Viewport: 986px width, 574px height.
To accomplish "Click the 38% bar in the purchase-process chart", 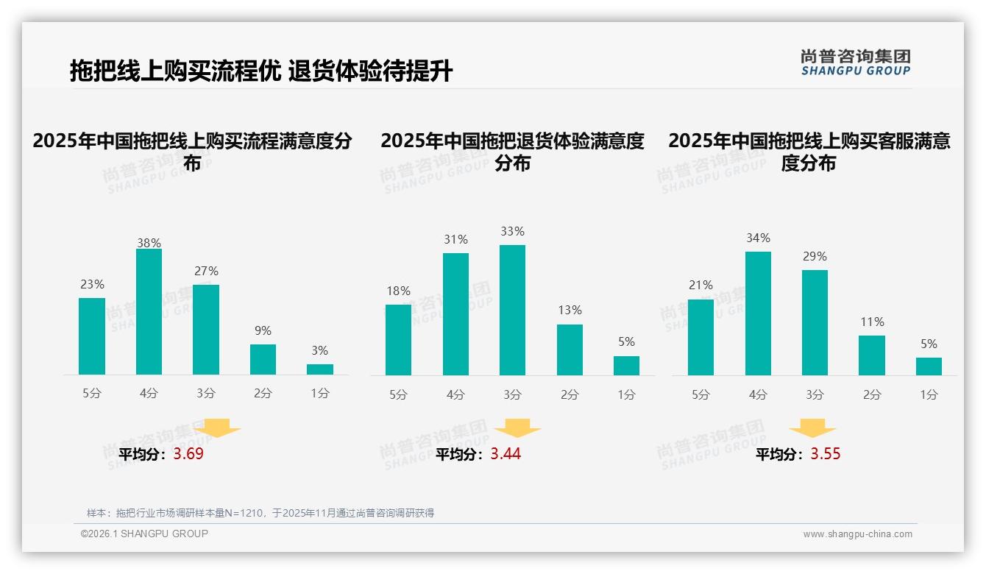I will [x=149, y=312].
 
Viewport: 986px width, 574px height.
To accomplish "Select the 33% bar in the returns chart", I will [x=512, y=310].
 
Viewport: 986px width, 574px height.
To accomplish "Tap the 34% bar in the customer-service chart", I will [x=758, y=313].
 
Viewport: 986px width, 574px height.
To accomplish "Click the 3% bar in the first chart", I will [x=320, y=369].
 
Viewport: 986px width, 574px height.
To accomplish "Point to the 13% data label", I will [x=570, y=311].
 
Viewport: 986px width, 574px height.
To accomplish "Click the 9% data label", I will [x=263, y=331].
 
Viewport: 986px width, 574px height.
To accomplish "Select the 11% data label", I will [x=872, y=322].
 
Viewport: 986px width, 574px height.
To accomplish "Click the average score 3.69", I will [x=188, y=454].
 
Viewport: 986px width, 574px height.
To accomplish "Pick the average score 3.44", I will [x=506, y=454].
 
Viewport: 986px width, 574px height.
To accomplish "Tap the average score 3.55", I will [x=826, y=454].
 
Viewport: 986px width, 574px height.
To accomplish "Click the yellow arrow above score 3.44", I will [x=517, y=429].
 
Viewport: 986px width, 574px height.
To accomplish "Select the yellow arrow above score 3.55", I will [x=812, y=429].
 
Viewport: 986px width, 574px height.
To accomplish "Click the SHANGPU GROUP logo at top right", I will [x=856, y=63].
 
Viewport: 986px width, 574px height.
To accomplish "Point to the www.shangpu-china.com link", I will [x=857, y=534].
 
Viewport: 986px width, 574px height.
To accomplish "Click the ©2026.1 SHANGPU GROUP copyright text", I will [x=144, y=534].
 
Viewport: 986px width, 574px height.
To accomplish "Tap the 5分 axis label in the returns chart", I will [x=398, y=395].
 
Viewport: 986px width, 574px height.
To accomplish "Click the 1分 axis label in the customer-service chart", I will [x=929, y=395].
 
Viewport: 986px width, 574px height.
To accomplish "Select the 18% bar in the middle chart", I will [x=398, y=339].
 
